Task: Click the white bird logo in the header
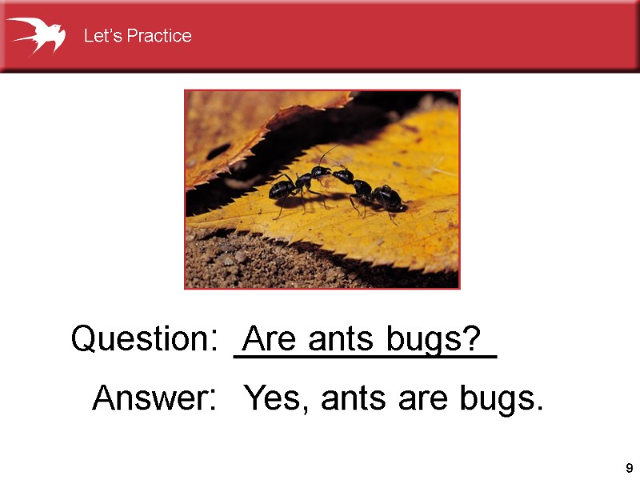click(x=36, y=35)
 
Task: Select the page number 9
click(x=629, y=468)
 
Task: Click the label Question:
click(x=144, y=339)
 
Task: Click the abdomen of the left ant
click(x=281, y=190)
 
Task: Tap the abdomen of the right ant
click(x=389, y=197)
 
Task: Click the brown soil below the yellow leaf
click(x=264, y=260)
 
